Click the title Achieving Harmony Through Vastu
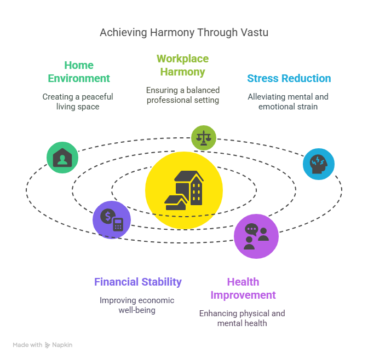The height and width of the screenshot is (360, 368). (184, 33)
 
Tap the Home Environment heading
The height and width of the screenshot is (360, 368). (79, 72)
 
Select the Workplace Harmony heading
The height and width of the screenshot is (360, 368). (182, 65)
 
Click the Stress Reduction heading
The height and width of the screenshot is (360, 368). (289, 78)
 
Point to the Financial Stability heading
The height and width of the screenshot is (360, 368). (138, 282)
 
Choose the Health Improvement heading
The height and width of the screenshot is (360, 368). (243, 288)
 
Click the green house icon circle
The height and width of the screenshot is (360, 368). (62, 158)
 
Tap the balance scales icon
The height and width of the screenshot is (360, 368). (204, 138)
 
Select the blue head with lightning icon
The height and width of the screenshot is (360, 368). (319, 164)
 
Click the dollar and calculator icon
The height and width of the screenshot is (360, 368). (112, 220)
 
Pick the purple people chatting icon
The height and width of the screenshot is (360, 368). (256, 236)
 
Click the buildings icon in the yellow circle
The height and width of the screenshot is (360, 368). (184, 190)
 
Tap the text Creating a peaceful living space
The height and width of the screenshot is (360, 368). (78, 102)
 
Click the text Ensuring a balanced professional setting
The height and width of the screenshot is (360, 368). (183, 95)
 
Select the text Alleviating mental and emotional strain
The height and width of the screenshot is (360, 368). (288, 102)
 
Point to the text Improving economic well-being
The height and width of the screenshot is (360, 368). (137, 305)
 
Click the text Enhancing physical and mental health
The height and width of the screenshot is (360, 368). (242, 318)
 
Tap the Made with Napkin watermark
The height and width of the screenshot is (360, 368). (43, 345)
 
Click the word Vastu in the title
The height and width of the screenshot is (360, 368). (256, 33)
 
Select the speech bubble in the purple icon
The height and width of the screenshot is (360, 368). (251, 230)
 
